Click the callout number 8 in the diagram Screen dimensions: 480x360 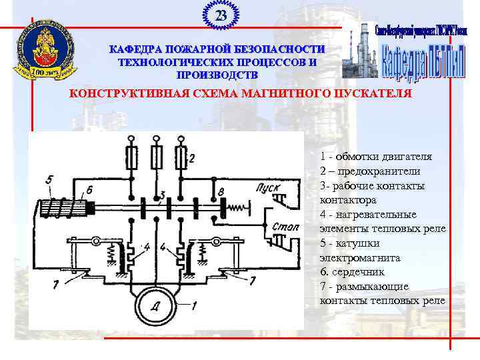pos(221,193)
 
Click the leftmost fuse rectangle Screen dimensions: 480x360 pos(132,159)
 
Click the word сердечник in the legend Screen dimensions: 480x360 pos(366,272)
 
